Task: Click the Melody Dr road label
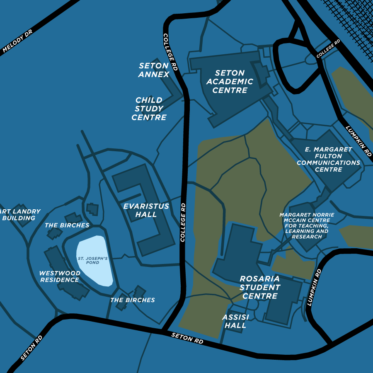(17, 41)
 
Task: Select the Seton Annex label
(154, 70)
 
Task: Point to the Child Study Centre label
(149, 109)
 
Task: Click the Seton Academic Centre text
(230, 82)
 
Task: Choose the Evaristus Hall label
(146, 210)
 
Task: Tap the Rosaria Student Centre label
(260, 287)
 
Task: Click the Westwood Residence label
(60, 276)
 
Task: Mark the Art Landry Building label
(21, 215)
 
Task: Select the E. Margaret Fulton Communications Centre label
(328, 159)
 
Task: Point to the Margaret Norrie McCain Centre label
(307, 226)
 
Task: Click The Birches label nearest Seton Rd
(133, 300)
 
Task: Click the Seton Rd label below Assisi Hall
(187, 338)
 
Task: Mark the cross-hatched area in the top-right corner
(352, 25)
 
